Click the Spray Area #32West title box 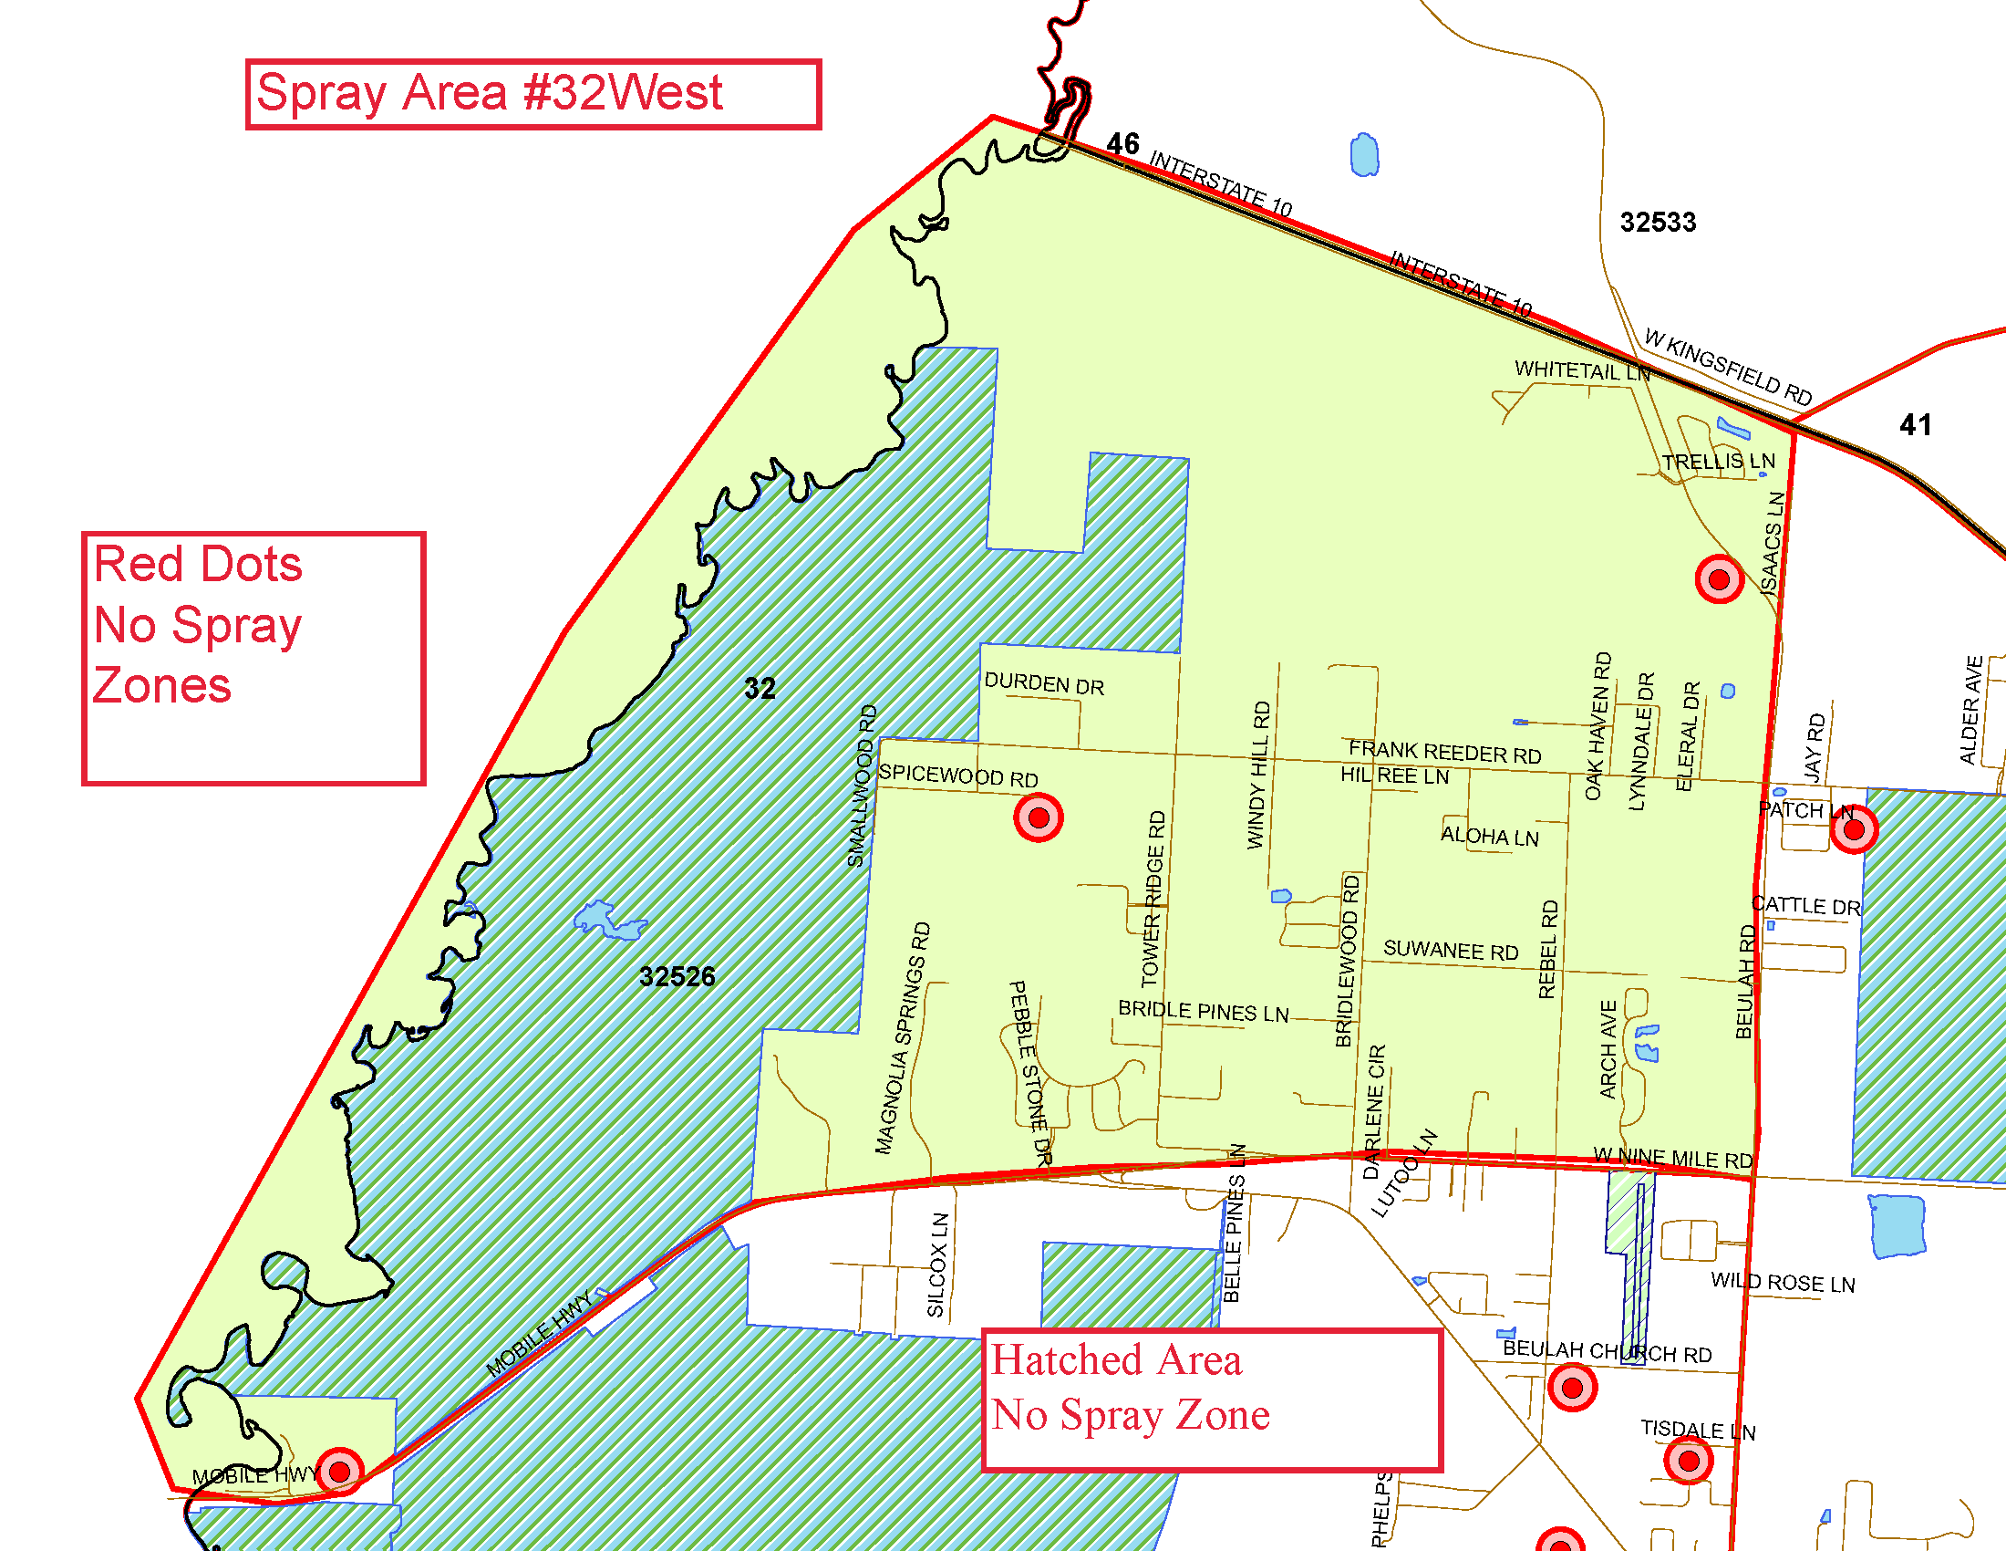click(x=533, y=94)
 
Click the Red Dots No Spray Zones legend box click(x=253, y=658)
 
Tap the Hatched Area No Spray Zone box click(x=1212, y=1400)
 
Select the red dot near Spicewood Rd click(x=1038, y=817)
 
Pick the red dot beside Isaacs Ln click(x=1719, y=578)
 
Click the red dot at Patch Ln click(x=1854, y=829)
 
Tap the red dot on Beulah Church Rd click(x=1572, y=1388)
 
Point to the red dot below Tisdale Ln click(x=1688, y=1460)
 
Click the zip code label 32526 click(x=677, y=976)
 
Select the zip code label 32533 click(x=1658, y=223)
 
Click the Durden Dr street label click(x=1043, y=683)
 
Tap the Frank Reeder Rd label click(x=1444, y=753)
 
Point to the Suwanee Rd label click(x=1451, y=950)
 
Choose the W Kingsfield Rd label click(x=1728, y=367)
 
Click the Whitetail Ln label click(x=1582, y=370)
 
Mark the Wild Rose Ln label click(x=1782, y=1283)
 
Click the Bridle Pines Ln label click(x=1203, y=1011)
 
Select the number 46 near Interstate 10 click(x=1122, y=144)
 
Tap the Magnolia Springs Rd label click(x=903, y=1038)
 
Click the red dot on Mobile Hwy click(x=339, y=1471)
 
